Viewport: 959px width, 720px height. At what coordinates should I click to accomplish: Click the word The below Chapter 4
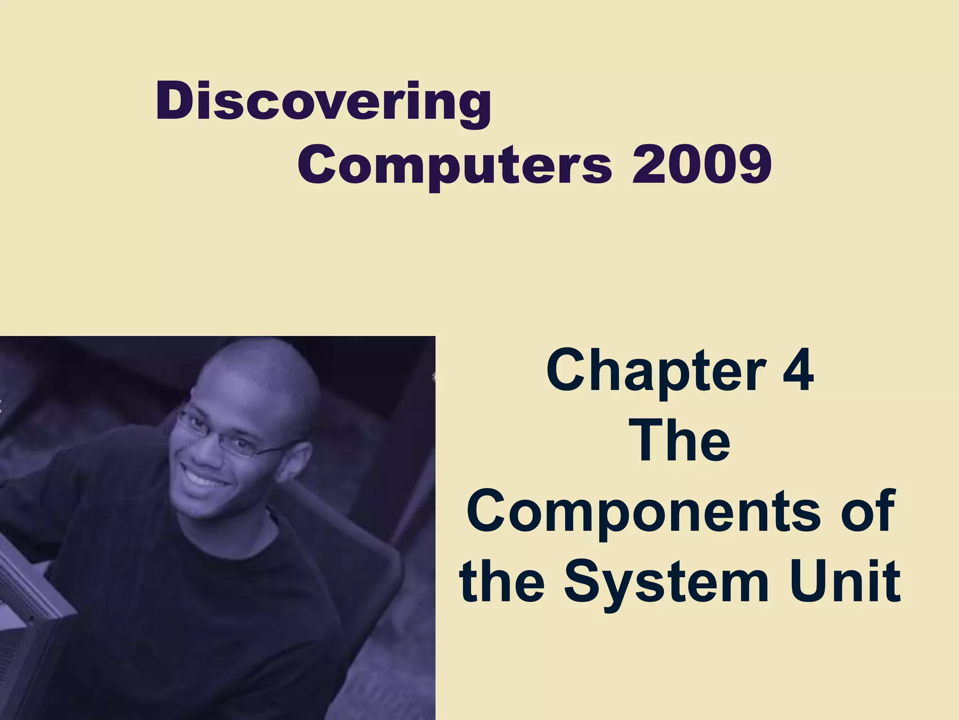[681, 441]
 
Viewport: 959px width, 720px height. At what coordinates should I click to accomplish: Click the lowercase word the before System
[502, 581]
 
